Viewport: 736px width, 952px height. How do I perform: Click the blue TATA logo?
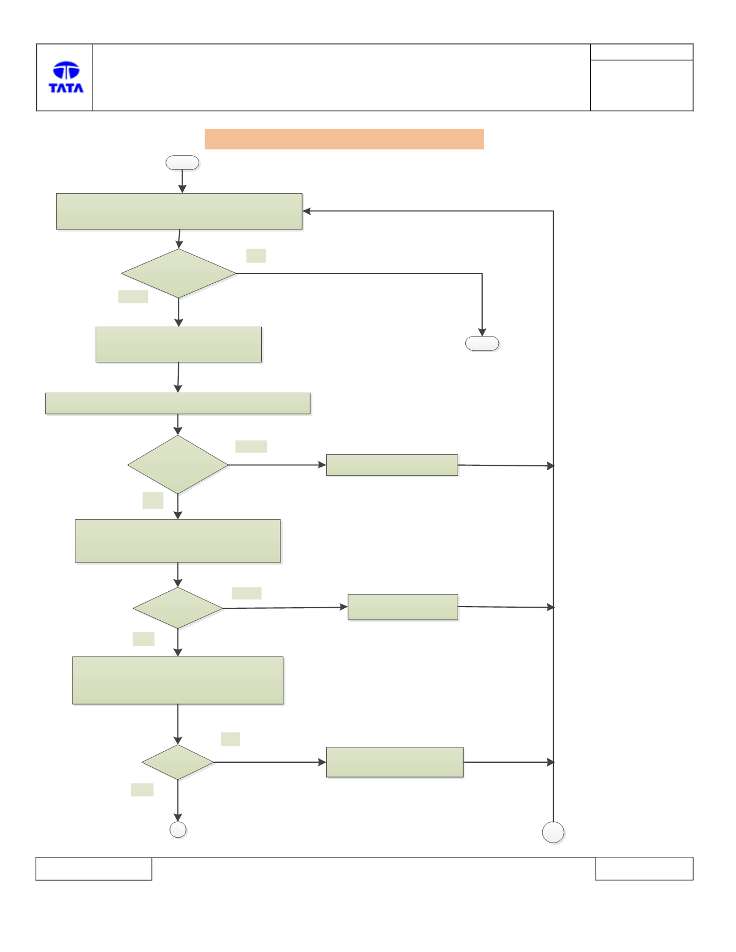click(x=66, y=77)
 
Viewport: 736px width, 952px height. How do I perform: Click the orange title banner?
click(x=344, y=139)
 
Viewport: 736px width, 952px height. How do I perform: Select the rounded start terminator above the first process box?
click(x=182, y=162)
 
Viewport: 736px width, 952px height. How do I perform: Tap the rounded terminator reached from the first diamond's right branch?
click(x=482, y=344)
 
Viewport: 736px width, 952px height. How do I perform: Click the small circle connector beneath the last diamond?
click(x=178, y=829)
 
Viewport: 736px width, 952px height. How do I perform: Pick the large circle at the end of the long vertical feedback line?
click(x=553, y=833)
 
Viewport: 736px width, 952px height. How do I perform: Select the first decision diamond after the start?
click(x=179, y=273)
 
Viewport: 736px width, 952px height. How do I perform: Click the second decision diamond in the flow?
click(x=178, y=465)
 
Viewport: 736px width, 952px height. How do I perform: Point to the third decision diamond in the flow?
click(x=178, y=608)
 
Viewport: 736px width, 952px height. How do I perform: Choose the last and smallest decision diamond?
click(x=178, y=762)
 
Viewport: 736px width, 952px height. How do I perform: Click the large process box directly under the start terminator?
click(x=179, y=211)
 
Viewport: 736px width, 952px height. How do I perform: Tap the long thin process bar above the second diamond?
click(x=178, y=403)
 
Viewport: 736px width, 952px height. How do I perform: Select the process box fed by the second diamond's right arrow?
click(x=392, y=465)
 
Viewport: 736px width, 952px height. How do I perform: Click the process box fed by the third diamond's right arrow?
click(x=403, y=607)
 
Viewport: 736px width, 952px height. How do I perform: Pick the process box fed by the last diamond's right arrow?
click(x=395, y=762)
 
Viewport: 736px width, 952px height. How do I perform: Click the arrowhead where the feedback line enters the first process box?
click(x=306, y=211)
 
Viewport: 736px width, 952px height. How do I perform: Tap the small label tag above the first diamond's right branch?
click(x=256, y=256)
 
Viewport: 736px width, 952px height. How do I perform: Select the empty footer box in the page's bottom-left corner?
click(x=94, y=868)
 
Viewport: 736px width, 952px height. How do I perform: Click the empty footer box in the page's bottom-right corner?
click(x=644, y=868)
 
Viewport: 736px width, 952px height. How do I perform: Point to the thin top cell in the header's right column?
click(x=642, y=52)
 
